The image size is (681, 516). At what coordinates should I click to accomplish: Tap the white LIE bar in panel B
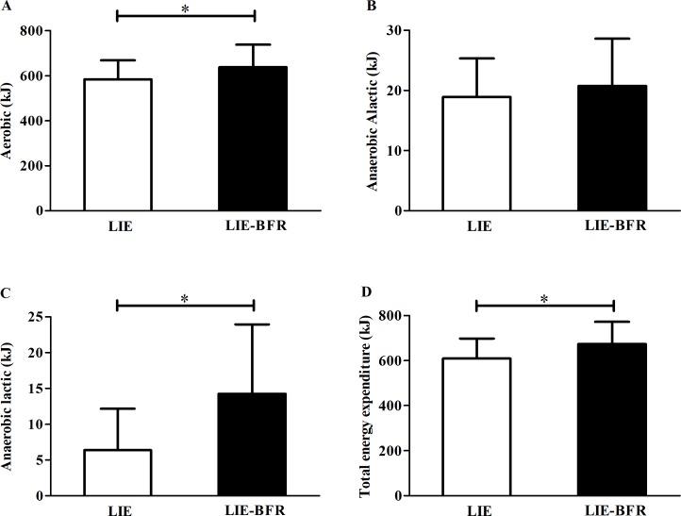click(477, 153)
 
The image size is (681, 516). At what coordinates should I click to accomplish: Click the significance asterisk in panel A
click(186, 8)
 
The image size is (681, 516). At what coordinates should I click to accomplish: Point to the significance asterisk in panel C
click(186, 298)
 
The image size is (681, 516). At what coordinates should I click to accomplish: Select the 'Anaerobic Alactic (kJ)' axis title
click(373, 120)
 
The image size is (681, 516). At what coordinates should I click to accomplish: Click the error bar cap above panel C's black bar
click(252, 325)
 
